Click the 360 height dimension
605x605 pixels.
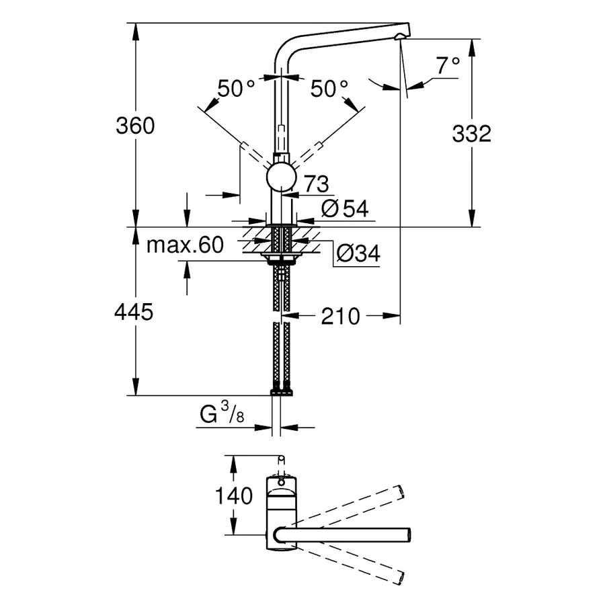click(135, 126)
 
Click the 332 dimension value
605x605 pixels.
click(471, 134)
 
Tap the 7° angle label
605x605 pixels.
click(448, 66)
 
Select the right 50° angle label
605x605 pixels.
click(330, 88)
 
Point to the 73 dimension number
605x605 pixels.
click(315, 184)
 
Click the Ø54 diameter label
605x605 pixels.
click(345, 209)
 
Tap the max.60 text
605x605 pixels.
click(185, 245)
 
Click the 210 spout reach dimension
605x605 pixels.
click(340, 315)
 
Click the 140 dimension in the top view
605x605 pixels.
click(234, 497)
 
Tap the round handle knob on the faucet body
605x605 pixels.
click(281, 178)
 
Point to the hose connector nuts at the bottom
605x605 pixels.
click(281, 391)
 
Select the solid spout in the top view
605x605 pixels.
click(343, 533)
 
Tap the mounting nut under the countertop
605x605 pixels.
click(281, 258)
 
